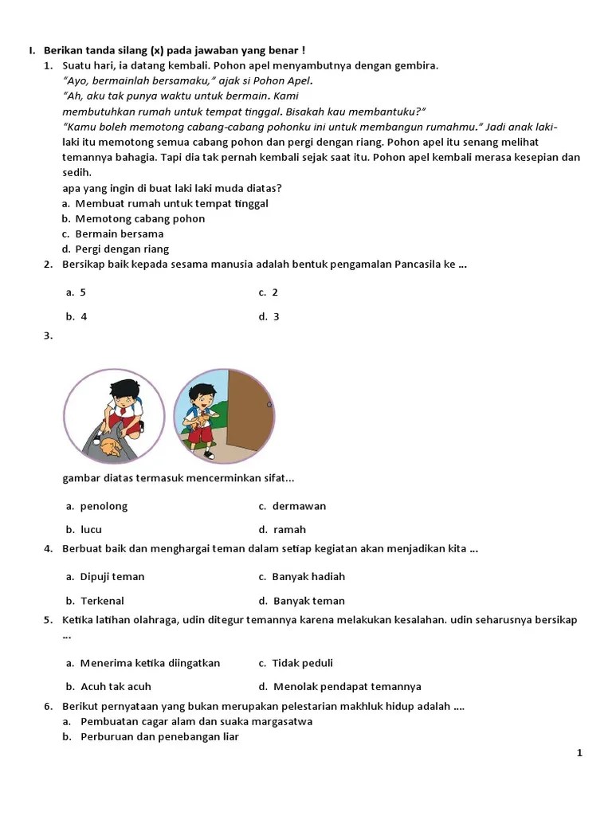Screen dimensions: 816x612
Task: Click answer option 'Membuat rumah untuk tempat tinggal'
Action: (x=171, y=203)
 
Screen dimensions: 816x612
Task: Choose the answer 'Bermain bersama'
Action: (x=119, y=233)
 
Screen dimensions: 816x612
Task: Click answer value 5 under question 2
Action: (x=83, y=292)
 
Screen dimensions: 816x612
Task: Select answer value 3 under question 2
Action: (x=276, y=316)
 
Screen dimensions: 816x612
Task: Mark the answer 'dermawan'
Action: (x=299, y=506)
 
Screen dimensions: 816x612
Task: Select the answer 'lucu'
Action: (x=91, y=529)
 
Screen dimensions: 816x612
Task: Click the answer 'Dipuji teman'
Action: (x=112, y=576)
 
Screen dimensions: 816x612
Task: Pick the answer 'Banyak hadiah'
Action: (x=308, y=576)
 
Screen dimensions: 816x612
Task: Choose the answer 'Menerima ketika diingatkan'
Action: (x=150, y=663)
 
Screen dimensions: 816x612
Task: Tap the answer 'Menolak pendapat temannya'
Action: (x=347, y=686)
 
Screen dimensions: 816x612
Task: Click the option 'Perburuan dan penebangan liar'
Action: (x=159, y=736)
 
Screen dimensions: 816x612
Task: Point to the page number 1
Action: (x=580, y=753)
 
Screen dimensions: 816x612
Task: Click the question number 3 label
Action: (x=48, y=335)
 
